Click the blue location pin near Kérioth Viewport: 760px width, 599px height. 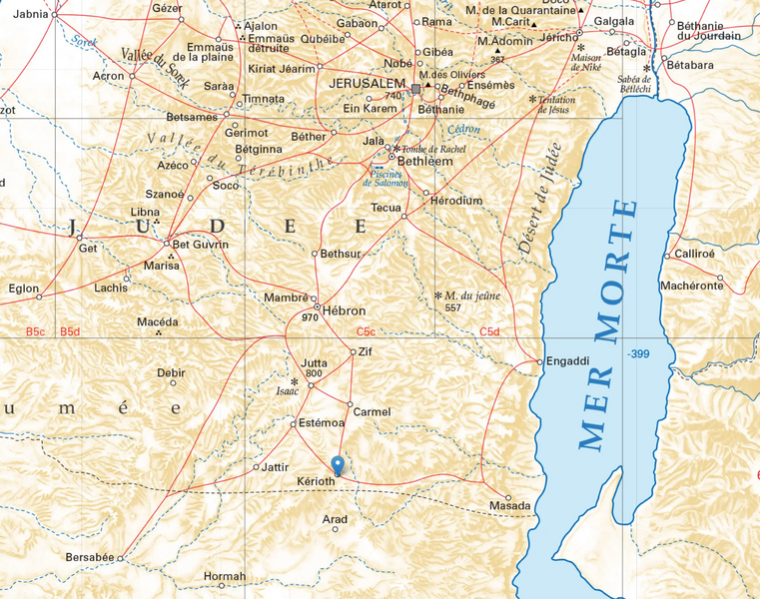[x=338, y=465]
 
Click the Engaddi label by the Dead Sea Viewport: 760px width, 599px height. [x=569, y=362]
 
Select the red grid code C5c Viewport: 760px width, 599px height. [x=366, y=331]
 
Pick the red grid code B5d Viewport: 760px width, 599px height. [x=70, y=331]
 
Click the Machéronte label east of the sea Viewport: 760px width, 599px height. [x=691, y=286]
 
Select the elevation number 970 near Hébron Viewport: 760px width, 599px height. [x=310, y=317]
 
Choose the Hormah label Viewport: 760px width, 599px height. [x=224, y=576]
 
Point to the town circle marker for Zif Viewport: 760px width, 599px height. [x=353, y=351]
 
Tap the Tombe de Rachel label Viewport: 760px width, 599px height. [x=433, y=148]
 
